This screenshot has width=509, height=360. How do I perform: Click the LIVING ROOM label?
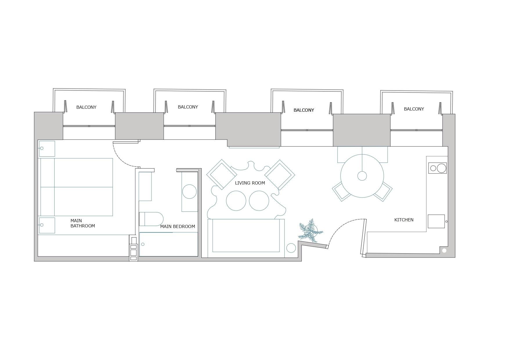coord(250,183)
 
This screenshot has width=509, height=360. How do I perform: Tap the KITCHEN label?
coord(404,220)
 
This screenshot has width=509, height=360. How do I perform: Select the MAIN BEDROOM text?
coord(178,227)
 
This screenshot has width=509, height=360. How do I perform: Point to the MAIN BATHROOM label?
coord(83,223)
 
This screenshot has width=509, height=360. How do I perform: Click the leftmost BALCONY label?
coord(86,107)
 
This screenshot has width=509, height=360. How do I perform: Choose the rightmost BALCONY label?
coord(414,109)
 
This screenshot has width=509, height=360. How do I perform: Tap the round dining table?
coord(362,176)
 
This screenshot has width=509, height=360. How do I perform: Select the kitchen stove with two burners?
coord(437,168)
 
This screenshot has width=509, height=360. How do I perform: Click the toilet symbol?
coord(151,219)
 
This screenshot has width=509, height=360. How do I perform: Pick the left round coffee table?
coord(236,201)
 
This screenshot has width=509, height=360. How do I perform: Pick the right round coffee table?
coord(259,201)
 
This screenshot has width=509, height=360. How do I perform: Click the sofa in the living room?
coord(246,238)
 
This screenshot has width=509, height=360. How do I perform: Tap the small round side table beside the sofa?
coord(291,248)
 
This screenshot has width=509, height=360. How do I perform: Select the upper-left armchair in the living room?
coord(221,175)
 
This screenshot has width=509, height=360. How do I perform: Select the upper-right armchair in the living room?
coord(280,175)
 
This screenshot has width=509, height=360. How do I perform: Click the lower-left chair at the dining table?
coord(342,192)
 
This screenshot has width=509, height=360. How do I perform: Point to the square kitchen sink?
coord(436,221)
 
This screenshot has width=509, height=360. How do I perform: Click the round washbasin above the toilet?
coord(189,191)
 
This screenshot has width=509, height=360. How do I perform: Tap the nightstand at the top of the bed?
coord(47,149)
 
